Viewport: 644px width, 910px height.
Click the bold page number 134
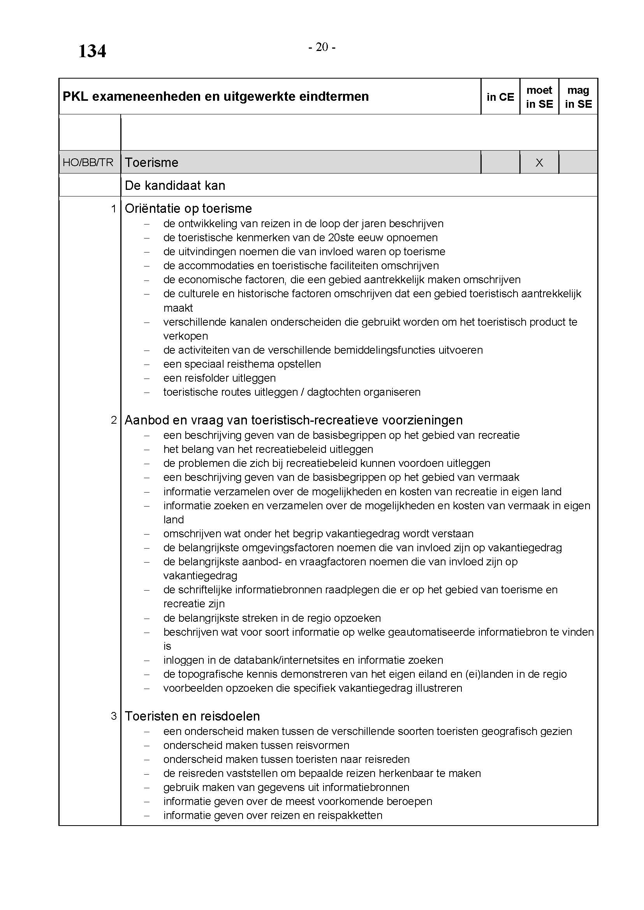(92, 51)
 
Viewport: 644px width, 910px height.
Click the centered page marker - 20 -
(322, 47)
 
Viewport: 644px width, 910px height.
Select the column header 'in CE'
(500, 97)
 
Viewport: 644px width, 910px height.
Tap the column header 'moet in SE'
(539, 97)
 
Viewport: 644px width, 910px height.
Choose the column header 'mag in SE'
(578, 97)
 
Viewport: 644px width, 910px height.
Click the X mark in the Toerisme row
(539, 163)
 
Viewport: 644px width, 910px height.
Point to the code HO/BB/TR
(88, 163)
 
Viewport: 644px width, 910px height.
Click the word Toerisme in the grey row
(151, 163)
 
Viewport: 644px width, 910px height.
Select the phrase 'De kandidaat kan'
(175, 186)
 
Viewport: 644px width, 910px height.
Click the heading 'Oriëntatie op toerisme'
(188, 209)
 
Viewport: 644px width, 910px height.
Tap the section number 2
(114, 420)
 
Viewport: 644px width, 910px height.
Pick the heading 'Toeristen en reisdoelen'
(192, 716)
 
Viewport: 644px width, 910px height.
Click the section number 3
(114, 716)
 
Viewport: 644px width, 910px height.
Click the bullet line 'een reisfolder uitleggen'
(219, 378)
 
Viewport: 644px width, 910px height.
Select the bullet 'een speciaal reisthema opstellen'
(242, 364)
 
